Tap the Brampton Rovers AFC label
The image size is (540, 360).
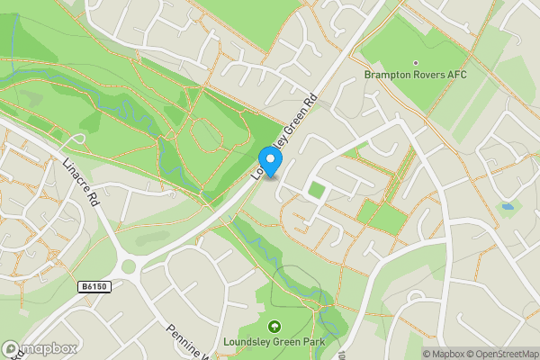point(415,75)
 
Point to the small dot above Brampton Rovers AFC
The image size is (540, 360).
point(415,63)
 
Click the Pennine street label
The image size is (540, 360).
point(184,339)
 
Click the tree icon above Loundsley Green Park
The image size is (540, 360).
point(275,327)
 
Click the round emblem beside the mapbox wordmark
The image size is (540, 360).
point(11,348)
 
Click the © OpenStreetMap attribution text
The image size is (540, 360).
point(502,354)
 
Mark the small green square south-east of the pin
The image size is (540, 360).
point(316,190)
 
